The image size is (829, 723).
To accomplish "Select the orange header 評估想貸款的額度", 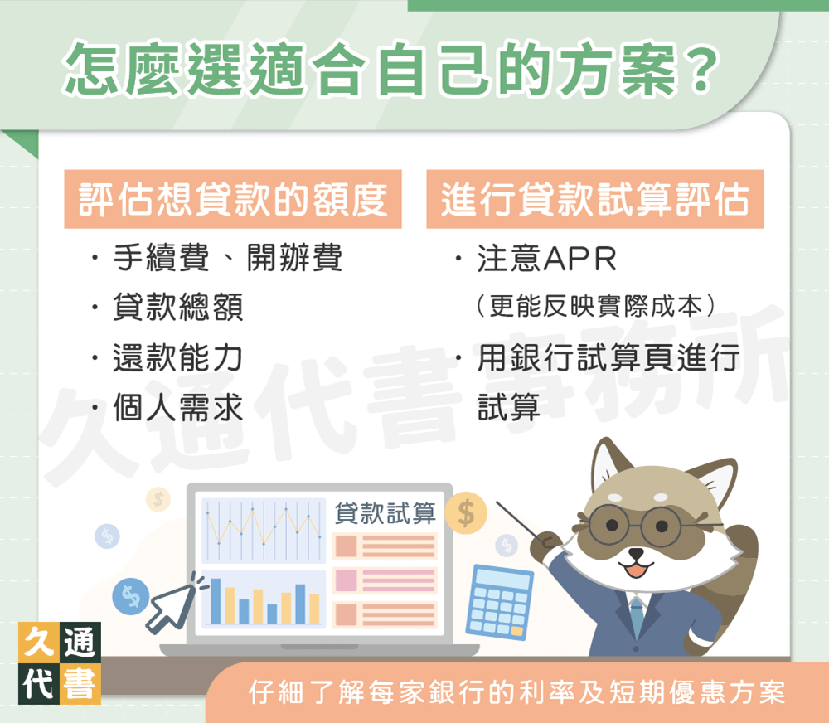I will coord(233,200).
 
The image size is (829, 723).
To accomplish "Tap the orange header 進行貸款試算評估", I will coord(594,200).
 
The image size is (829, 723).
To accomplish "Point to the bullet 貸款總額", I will coord(178,308).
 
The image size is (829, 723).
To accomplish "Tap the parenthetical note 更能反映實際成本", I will coord(595,307).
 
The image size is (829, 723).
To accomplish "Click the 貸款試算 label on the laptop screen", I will coord(385,513).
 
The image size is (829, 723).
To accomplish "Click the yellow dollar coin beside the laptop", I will coord(466,513).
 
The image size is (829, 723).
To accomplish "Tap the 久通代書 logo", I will coord(58,662).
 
